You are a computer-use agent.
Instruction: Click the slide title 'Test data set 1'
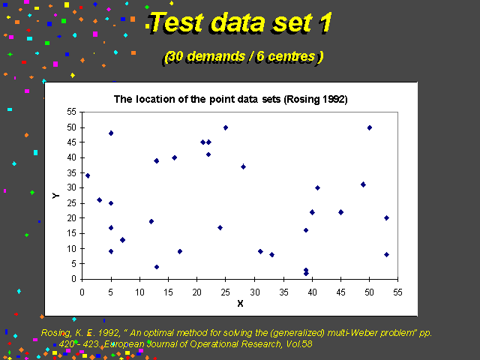click(239, 22)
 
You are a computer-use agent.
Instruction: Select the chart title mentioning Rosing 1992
click(230, 100)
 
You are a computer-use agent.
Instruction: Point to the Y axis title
click(55, 196)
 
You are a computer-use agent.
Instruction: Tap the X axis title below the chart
click(240, 303)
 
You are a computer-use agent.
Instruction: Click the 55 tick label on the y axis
click(71, 112)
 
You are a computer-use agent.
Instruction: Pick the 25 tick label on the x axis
click(225, 292)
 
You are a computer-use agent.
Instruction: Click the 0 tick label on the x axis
click(82, 292)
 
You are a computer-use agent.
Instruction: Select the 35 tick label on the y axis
click(71, 173)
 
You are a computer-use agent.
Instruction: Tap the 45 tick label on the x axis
click(340, 292)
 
